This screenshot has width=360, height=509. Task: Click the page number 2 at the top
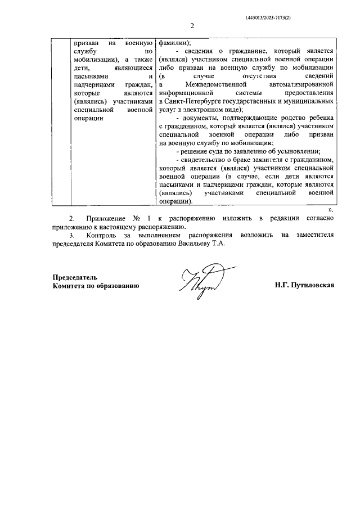click(x=192, y=26)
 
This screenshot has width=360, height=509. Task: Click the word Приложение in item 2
click(x=106, y=218)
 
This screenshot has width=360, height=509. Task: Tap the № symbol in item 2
click(x=138, y=218)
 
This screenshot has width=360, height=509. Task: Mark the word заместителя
click(x=315, y=235)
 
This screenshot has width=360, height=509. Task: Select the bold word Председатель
click(x=75, y=277)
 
